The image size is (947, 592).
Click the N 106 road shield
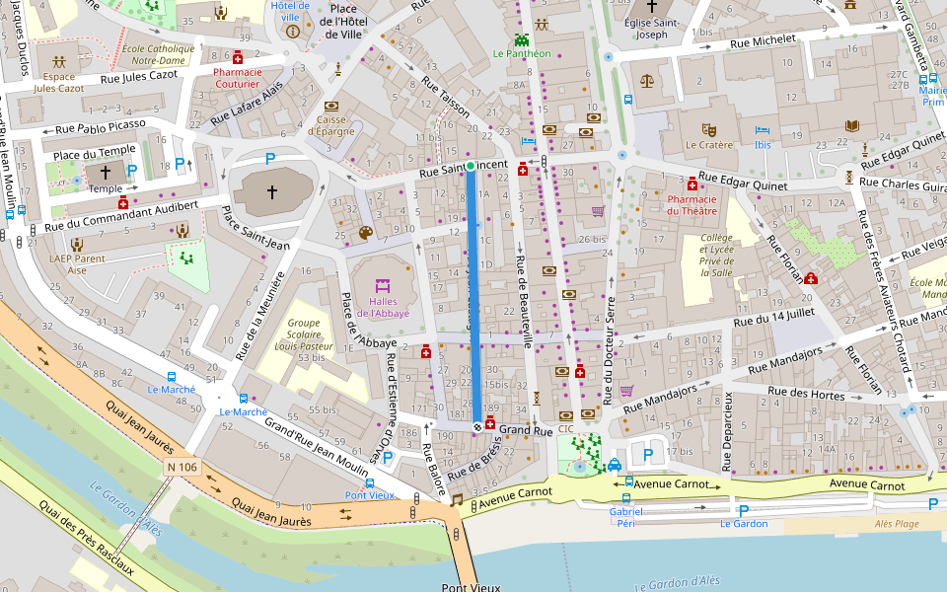[x=182, y=467]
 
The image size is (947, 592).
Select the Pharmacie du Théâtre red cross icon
[x=692, y=185]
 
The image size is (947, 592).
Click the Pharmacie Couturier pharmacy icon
[x=238, y=58]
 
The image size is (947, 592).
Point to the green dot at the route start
[x=471, y=166]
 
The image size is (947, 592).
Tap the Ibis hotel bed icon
[x=762, y=130]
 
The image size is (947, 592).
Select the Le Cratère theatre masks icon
[x=707, y=129]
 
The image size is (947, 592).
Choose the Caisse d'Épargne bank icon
[x=331, y=106]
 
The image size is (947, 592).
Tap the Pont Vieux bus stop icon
[x=370, y=483]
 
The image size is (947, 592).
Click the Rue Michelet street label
[x=762, y=42]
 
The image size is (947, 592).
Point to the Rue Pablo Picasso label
[x=100, y=126]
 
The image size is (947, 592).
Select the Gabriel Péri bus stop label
[x=625, y=517]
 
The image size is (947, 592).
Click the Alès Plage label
[x=897, y=525]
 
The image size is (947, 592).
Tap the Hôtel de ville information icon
[x=292, y=32]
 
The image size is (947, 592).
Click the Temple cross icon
[x=107, y=172]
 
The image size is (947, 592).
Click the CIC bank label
[x=565, y=429]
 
